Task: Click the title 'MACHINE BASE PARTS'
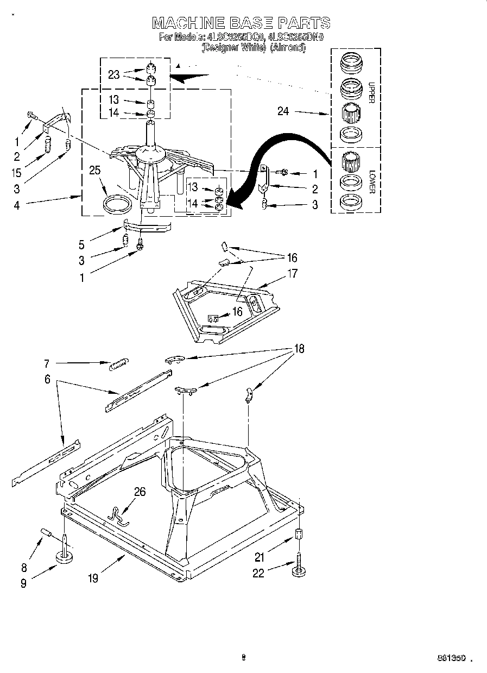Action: (x=241, y=23)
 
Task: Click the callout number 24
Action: (x=283, y=112)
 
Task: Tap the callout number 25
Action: (x=95, y=171)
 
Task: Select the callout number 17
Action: (x=292, y=274)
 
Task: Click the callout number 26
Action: (x=140, y=492)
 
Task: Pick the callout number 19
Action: (x=93, y=578)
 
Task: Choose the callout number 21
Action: (x=260, y=556)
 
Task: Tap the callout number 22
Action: (x=258, y=573)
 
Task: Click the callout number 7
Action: (x=47, y=362)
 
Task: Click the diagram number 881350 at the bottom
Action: (x=451, y=658)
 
